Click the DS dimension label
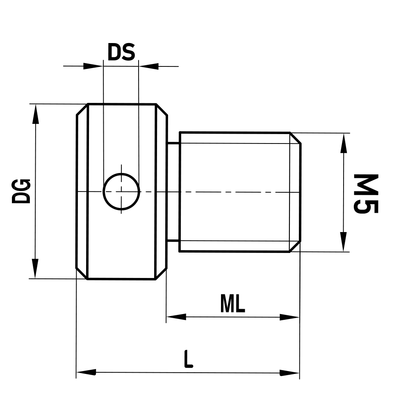pos(121,52)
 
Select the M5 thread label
pos(366,194)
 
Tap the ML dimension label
pos(232,304)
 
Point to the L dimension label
pos(188,359)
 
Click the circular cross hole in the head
pos(121,191)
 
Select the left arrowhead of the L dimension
pos(86,372)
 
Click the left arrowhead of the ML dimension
pos(176,317)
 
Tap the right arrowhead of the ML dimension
pos(290,317)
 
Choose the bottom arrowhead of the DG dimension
pos(36,269)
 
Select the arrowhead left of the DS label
pos(93,66)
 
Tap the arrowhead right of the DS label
pos(149,66)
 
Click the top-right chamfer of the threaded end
pos(296,138)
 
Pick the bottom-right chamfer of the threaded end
pos(296,246)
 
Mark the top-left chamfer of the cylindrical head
pos(82,109)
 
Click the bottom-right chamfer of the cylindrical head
pos(161,274)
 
